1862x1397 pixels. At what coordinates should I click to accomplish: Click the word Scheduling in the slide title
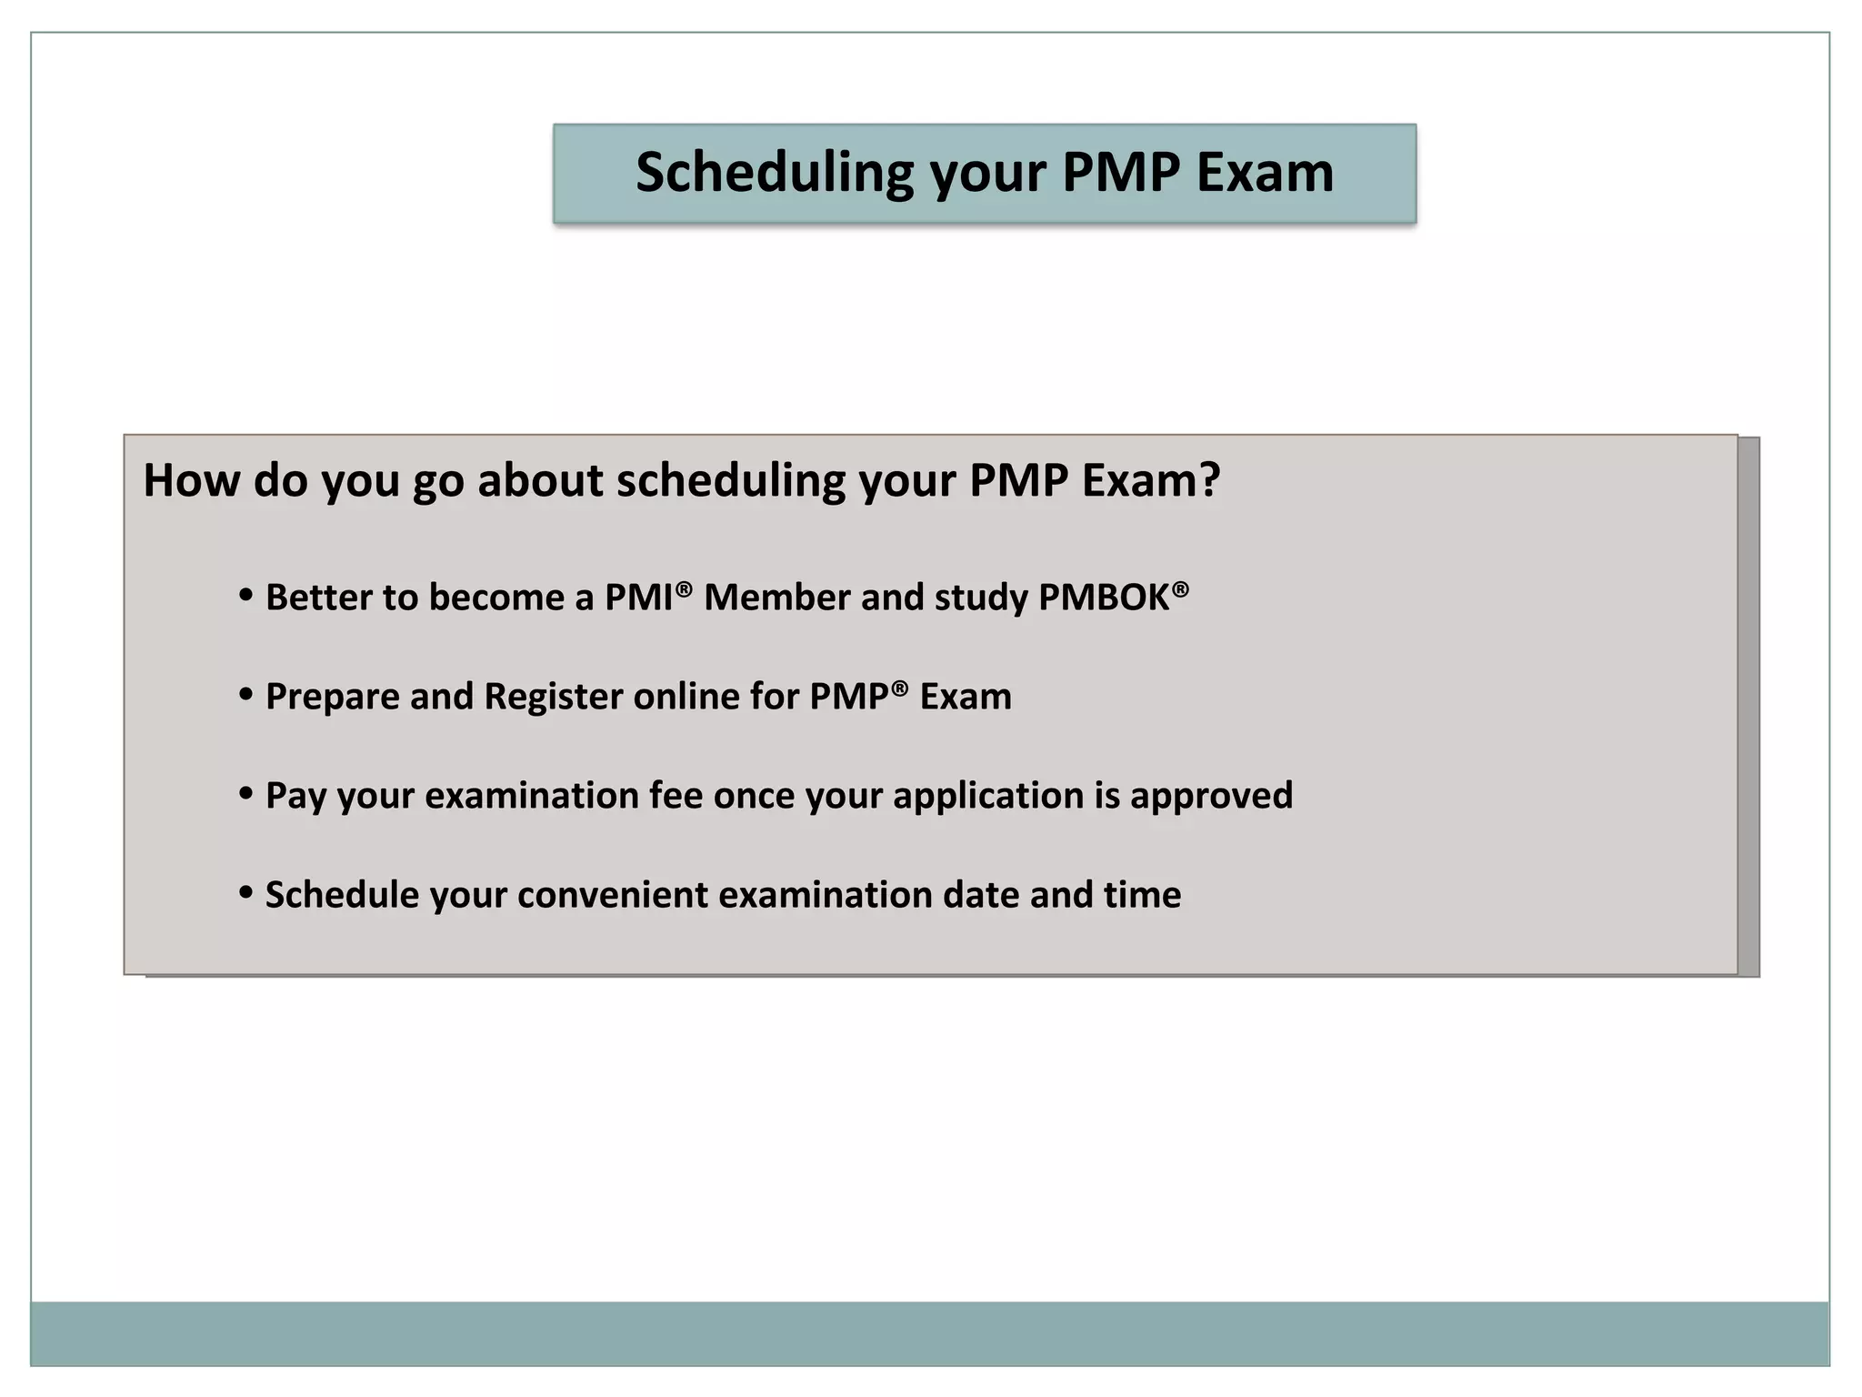pos(774,173)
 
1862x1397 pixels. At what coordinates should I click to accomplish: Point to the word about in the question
pos(540,480)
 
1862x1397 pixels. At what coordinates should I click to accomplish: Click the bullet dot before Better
pos(245,596)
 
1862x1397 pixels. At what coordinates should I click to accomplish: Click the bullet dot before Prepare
pos(245,695)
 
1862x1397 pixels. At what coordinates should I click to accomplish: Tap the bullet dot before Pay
pos(245,794)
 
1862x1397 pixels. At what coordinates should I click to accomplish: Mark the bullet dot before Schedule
pos(245,893)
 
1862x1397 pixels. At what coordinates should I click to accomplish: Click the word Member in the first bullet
pos(776,598)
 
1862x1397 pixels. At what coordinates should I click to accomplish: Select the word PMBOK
pos(1104,598)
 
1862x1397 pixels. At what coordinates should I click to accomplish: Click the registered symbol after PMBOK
pos(1180,588)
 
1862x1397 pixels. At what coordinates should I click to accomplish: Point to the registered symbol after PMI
pos(684,588)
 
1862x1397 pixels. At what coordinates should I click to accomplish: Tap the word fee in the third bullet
pos(676,796)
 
